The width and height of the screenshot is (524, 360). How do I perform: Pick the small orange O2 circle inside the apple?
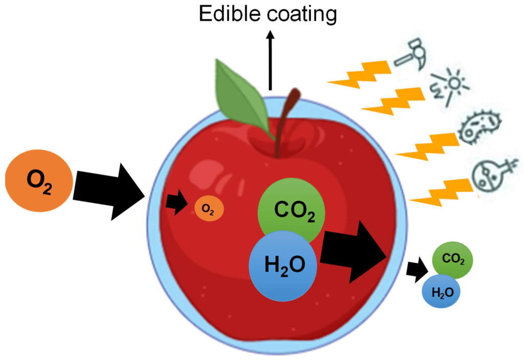[x=209, y=208]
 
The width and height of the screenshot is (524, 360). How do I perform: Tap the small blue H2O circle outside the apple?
[x=441, y=292]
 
